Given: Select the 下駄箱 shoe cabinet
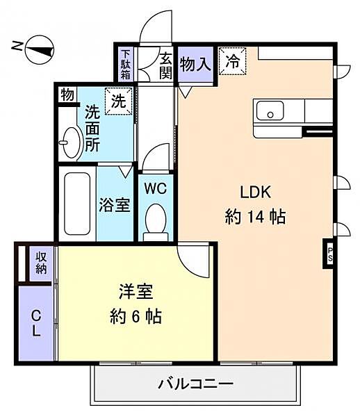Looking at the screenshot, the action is coord(126,65).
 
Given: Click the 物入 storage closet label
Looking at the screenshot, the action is coord(195,65).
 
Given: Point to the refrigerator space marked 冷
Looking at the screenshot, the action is coord(232,61).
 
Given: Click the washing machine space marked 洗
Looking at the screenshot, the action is coord(119,101).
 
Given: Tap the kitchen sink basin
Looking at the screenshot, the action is coord(270,111).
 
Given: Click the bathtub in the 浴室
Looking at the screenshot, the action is coord(77,204).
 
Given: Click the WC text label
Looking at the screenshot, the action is coord(156,188).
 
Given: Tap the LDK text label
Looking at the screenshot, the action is coord(256,193).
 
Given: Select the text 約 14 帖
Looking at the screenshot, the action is coord(255,217).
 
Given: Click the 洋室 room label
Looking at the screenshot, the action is coord(136,291).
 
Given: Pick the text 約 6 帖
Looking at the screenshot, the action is coord(136,316).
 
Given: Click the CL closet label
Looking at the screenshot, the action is coord(36,324).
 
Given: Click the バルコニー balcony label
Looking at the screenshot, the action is coord(196,384).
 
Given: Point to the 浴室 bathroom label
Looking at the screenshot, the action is coord(115,205).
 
